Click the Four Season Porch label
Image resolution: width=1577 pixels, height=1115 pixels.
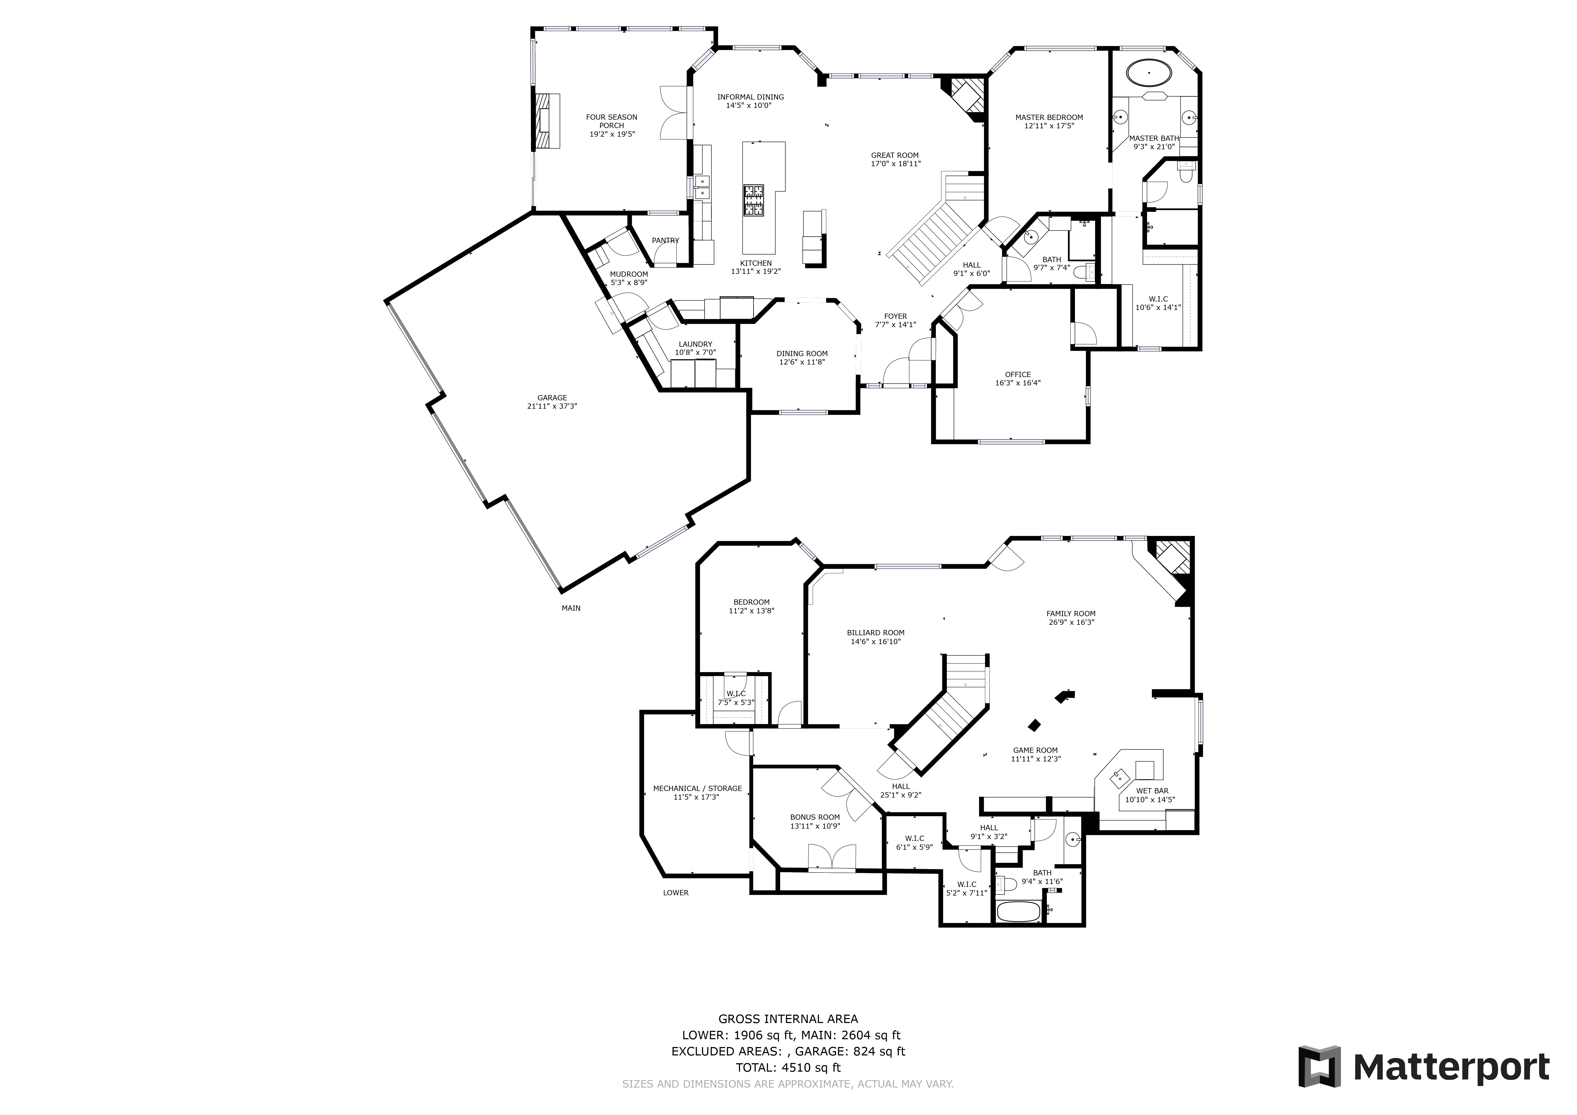(x=611, y=122)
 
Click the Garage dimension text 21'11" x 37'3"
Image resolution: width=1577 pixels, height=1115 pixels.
(x=552, y=406)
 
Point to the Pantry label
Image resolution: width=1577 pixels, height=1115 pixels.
(x=665, y=240)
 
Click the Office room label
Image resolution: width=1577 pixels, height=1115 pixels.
(x=1017, y=375)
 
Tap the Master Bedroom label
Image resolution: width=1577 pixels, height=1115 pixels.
(x=1049, y=117)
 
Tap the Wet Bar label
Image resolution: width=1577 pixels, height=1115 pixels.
(x=1152, y=791)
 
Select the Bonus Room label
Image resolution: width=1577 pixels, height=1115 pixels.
(x=815, y=817)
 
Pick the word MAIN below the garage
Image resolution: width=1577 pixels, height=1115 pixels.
(x=571, y=608)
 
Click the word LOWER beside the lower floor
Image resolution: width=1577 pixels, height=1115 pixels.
(x=675, y=893)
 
